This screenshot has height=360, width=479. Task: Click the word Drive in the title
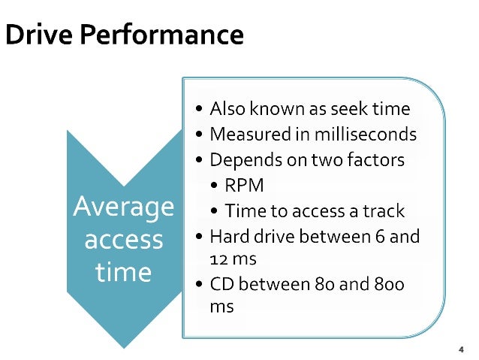tap(35, 35)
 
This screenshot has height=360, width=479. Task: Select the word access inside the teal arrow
tap(123, 240)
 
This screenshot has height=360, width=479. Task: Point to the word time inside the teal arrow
tap(123, 271)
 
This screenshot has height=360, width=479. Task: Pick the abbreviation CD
tap(223, 285)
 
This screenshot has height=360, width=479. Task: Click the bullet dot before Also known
tap(198, 110)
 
